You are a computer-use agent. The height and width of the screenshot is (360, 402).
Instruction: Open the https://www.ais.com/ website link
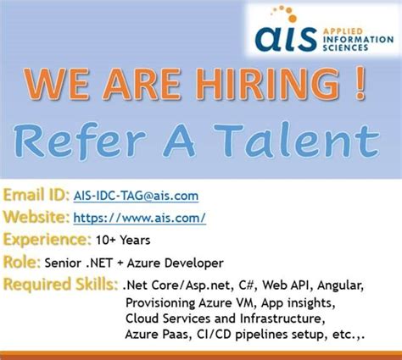click(140, 218)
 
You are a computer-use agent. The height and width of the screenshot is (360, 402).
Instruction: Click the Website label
click(36, 218)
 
